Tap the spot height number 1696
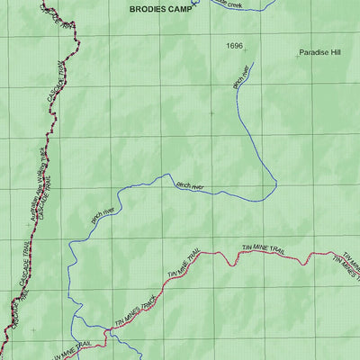234,44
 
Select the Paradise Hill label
320,53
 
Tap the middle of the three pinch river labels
190,186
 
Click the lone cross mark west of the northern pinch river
211,113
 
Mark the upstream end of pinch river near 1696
257,61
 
